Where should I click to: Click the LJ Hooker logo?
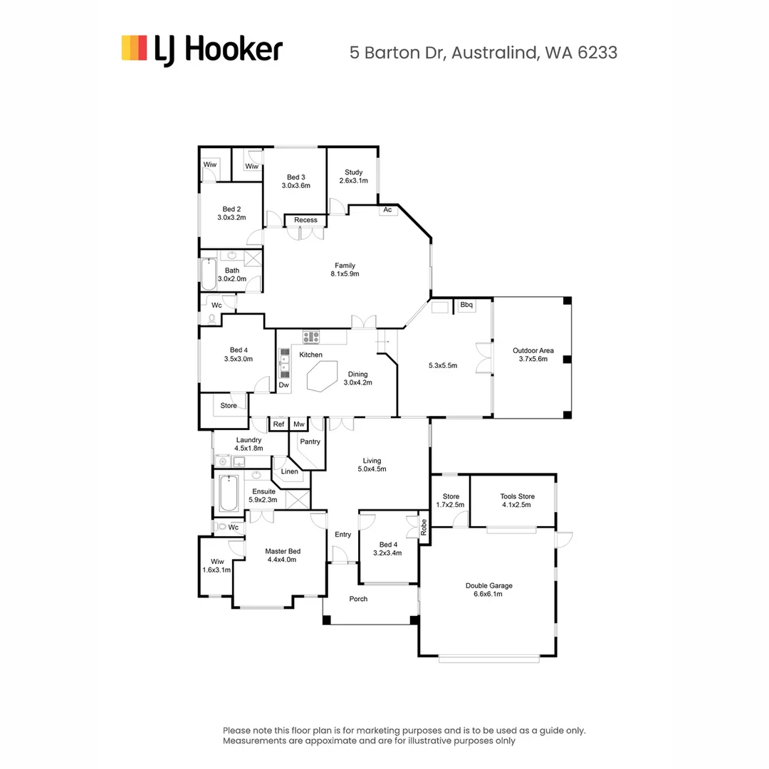tap(202, 50)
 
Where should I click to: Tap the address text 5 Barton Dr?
tap(397, 53)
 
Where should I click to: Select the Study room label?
tap(354, 172)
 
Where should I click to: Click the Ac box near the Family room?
tap(387, 210)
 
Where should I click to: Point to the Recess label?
tap(305, 220)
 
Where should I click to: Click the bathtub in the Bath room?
tap(209, 274)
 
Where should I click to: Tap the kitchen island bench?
tap(323, 376)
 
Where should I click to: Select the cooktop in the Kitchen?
tap(311, 337)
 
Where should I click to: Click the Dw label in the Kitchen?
tap(284, 385)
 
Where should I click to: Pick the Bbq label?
tap(466, 305)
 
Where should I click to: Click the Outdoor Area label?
tap(533, 350)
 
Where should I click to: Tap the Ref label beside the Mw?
tap(278, 424)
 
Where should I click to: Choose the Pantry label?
tap(310, 442)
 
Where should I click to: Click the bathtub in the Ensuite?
tap(229, 493)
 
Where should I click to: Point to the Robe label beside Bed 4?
tap(424, 527)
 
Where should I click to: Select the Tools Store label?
tap(518, 496)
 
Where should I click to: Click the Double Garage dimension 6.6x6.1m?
tap(488, 594)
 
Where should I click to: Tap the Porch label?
tap(358, 599)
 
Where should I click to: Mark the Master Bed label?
tap(283, 551)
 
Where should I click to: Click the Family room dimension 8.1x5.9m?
tap(345, 274)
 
